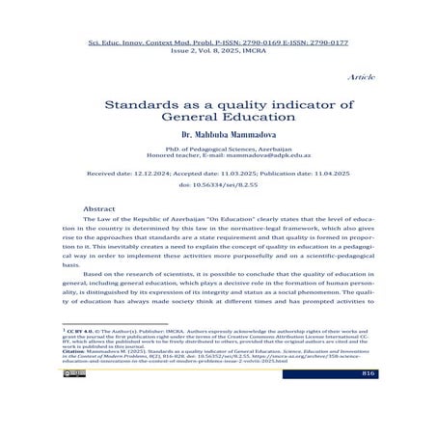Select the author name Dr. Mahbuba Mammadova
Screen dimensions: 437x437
(x=218, y=135)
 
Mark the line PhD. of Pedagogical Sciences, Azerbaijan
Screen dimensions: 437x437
(x=218, y=151)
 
